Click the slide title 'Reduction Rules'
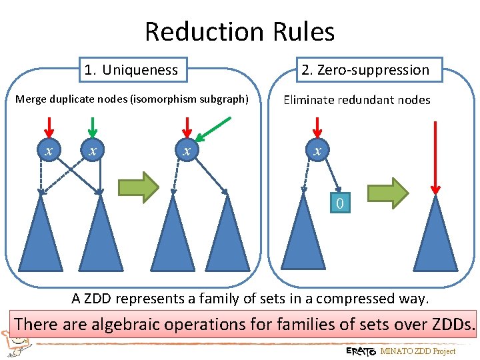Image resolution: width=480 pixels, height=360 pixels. coord(239,31)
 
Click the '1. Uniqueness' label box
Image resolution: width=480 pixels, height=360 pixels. coord(131,70)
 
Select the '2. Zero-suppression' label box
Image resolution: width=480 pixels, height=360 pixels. coord(365,69)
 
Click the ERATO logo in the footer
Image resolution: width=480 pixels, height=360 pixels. coord(361,351)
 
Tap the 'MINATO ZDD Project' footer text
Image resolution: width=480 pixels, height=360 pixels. coord(418,351)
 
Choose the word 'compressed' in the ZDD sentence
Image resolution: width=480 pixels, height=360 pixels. coord(353,298)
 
